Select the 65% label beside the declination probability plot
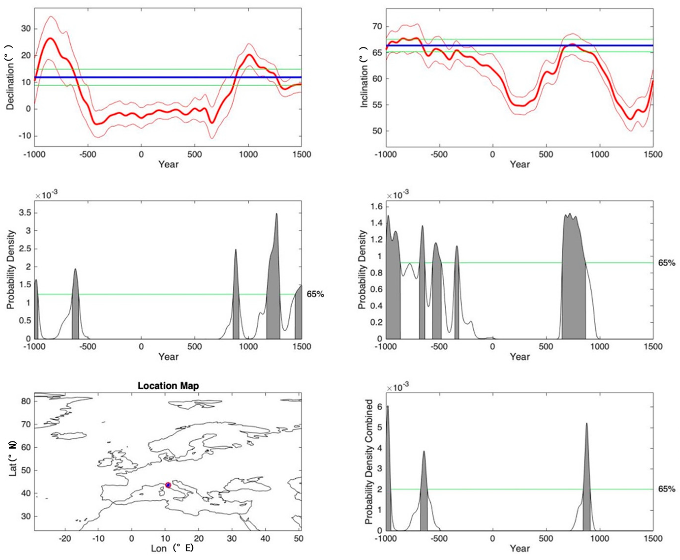click(x=315, y=294)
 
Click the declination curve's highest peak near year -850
click(x=50, y=38)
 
